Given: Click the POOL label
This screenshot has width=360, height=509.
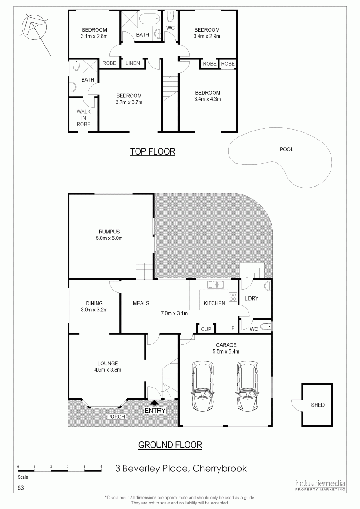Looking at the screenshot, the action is [x=286, y=149].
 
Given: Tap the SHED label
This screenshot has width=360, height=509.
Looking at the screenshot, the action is [x=317, y=405].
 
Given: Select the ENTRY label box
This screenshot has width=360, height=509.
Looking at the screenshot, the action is [x=155, y=410].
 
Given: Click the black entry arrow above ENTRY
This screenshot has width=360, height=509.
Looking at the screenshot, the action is [x=155, y=402].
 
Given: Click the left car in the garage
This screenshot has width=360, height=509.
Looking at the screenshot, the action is [x=203, y=386].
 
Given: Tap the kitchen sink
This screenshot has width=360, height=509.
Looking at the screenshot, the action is [x=215, y=285].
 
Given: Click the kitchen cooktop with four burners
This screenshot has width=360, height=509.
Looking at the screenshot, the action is [x=233, y=297].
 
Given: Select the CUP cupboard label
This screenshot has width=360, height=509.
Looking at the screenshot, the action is [x=206, y=329].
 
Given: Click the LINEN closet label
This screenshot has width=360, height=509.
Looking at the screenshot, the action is [x=133, y=63].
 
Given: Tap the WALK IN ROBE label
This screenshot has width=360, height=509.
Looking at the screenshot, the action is [x=83, y=118].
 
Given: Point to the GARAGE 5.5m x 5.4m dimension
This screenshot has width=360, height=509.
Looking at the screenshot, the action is [x=226, y=351].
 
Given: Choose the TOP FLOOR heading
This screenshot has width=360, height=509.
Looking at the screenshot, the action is [x=153, y=151].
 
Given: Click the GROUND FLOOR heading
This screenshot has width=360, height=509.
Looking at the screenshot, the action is [x=170, y=445].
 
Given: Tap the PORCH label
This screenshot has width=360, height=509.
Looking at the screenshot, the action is [x=116, y=417].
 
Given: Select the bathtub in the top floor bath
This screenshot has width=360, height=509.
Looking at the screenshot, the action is [x=150, y=19].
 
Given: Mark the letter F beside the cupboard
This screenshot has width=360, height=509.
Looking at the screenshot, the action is [x=233, y=329].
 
